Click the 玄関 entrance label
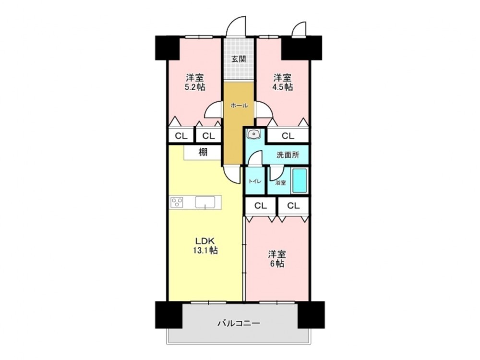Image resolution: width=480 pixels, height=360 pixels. (239, 59)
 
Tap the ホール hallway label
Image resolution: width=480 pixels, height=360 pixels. (239, 106)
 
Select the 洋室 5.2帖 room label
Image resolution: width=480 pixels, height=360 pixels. (195, 82)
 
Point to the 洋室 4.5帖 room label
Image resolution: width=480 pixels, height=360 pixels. (282, 82)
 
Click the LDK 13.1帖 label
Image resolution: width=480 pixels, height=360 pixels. (205, 245)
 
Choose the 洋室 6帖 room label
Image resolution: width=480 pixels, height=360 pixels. (277, 259)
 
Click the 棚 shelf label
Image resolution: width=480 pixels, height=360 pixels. (203, 152)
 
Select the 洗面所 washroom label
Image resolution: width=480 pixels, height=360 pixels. (288, 155)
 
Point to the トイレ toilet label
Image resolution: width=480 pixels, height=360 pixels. (255, 181)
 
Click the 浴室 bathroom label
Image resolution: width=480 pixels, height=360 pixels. (280, 183)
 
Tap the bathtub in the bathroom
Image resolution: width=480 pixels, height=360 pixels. (300, 180)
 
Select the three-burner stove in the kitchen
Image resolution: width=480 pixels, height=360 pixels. (177, 202)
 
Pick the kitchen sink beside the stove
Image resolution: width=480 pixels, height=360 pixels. (205, 203)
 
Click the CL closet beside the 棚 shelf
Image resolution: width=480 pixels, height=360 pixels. (208, 136)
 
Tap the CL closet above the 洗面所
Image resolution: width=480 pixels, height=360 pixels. (288, 136)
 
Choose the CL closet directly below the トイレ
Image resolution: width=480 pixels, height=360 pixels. (261, 206)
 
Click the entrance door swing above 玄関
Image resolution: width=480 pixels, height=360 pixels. (236, 26)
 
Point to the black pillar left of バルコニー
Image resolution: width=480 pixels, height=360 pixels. (168, 315)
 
